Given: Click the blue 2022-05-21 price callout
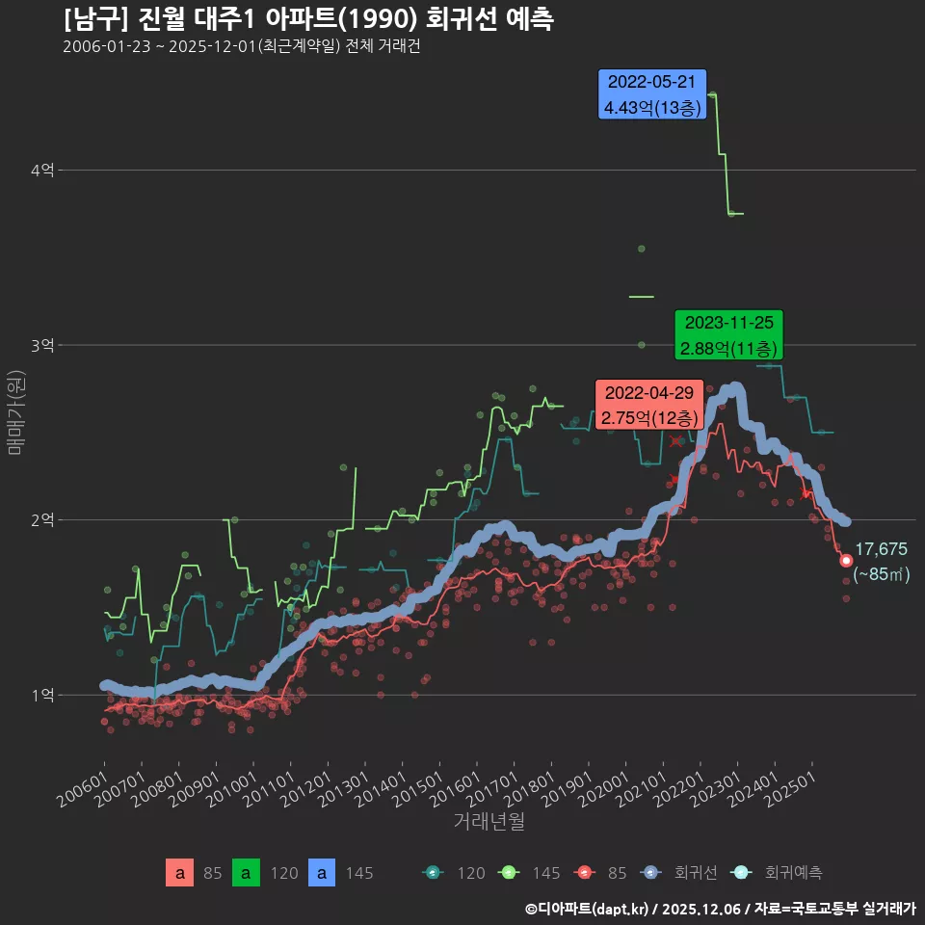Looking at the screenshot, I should [652, 94].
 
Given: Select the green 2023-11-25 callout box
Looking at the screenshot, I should [728, 335].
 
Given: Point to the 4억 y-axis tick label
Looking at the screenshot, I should [42, 171].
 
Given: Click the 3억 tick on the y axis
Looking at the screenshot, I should [42, 345].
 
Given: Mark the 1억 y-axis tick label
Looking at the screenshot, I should [42, 695].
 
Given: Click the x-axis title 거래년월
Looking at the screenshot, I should [489, 822].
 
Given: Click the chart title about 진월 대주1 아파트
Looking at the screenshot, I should [308, 19].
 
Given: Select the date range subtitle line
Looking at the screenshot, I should [241, 47].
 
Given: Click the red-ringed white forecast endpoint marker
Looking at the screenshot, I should [846, 561].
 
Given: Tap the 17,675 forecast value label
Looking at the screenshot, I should [881, 549].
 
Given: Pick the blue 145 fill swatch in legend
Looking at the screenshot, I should [322, 873].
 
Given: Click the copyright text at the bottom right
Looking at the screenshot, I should [721, 908].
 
